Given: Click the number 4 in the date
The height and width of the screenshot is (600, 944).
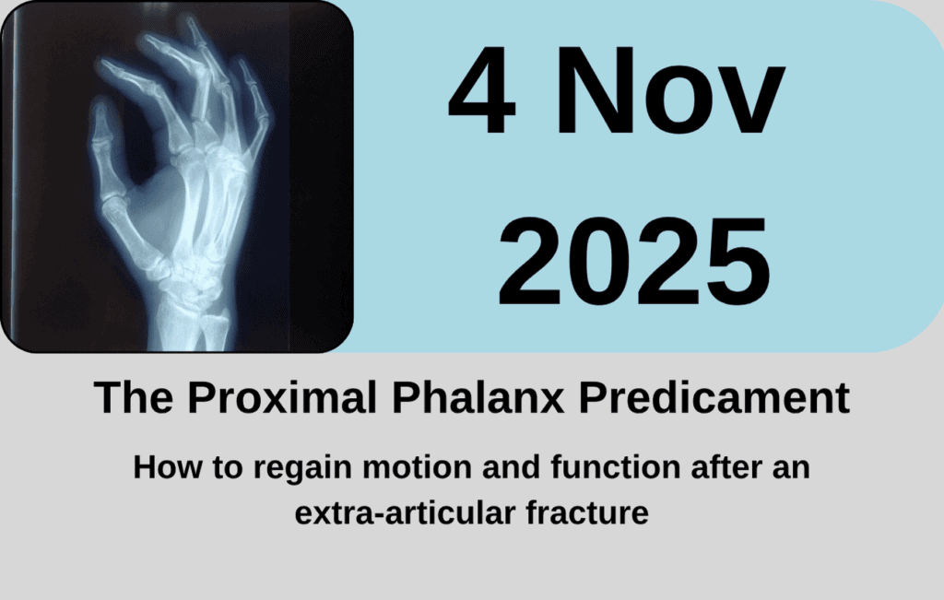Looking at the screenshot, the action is click(x=481, y=90).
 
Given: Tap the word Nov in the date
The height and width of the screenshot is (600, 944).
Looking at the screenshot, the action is click(x=670, y=90).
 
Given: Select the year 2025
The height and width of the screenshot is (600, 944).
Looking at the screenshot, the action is click(x=634, y=262).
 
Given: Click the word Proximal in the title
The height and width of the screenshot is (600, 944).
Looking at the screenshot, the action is click(x=282, y=397).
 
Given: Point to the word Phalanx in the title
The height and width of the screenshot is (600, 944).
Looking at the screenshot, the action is click(x=478, y=397).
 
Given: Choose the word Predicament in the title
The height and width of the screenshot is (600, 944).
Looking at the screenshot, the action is click(x=714, y=397).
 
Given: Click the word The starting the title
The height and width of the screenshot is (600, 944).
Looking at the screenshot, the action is click(x=134, y=397).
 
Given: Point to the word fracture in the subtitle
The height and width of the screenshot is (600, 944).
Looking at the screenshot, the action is click(x=587, y=512).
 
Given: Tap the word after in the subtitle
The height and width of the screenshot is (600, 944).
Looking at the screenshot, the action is click(x=730, y=467).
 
